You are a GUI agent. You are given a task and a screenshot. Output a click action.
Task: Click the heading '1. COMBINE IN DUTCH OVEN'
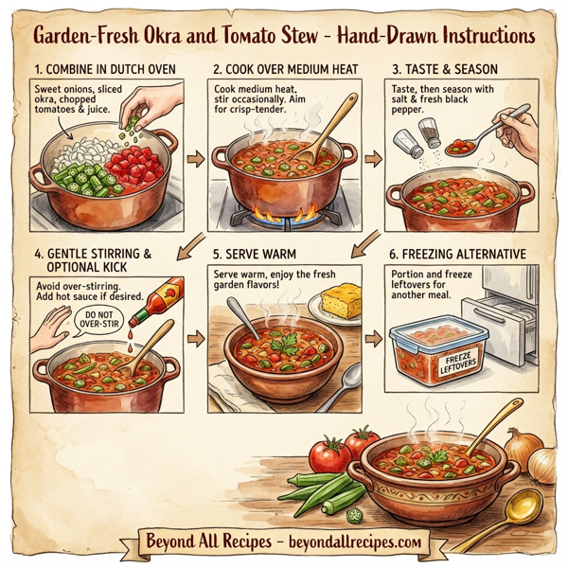coord(104,69)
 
